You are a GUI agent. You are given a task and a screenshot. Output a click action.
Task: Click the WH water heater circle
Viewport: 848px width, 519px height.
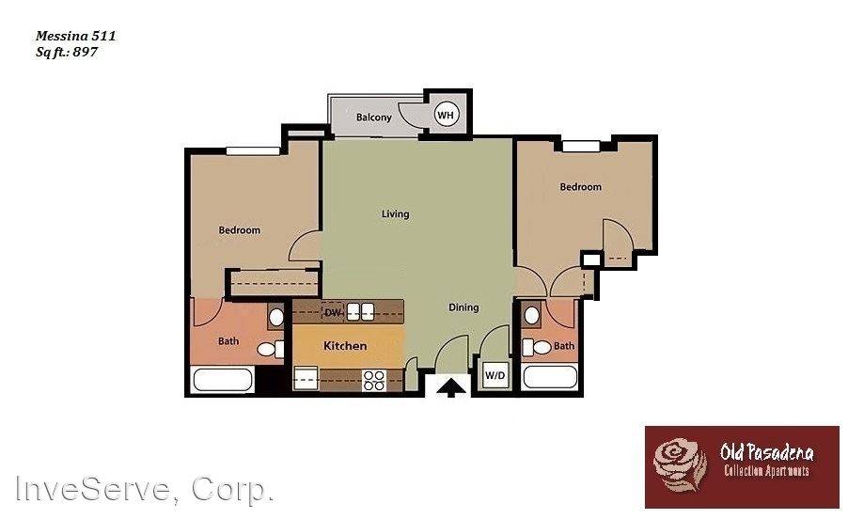[445, 115]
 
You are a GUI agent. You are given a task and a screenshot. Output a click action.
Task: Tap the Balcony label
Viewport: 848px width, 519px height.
[374, 118]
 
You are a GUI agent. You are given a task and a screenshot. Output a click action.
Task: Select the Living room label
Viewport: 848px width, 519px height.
[395, 214]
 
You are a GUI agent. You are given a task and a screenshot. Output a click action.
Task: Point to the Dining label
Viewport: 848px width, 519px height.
[463, 307]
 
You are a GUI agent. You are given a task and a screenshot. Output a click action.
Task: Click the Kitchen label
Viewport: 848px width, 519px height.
[345, 346]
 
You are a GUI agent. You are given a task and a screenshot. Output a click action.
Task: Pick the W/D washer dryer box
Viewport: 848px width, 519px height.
[495, 375]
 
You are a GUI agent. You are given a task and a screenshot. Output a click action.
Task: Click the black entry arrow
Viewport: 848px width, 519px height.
[452, 385]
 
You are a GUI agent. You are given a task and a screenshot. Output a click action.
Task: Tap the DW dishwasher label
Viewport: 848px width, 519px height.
[332, 312]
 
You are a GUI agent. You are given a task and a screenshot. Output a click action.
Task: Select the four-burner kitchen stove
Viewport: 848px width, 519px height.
[374, 380]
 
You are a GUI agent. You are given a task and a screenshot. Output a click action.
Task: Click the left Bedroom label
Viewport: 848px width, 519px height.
[240, 230]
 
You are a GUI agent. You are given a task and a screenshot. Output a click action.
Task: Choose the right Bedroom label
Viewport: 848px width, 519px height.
[580, 187]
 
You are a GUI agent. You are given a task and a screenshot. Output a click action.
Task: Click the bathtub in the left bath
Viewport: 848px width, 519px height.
[223, 380]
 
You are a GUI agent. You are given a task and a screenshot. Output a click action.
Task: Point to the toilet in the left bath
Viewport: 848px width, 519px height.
[270, 350]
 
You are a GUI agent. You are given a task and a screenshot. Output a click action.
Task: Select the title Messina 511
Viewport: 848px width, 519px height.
[76, 37]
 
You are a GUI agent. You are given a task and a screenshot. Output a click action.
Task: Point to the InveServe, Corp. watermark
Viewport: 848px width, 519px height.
[144, 489]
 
